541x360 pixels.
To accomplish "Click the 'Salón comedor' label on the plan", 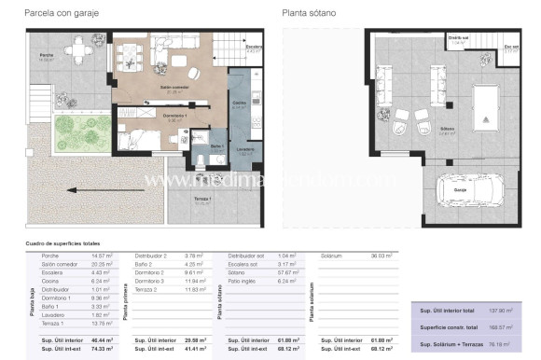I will [173, 88].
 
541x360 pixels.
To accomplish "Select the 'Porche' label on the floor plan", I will [46, 81].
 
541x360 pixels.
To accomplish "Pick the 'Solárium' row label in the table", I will [331, 255].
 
